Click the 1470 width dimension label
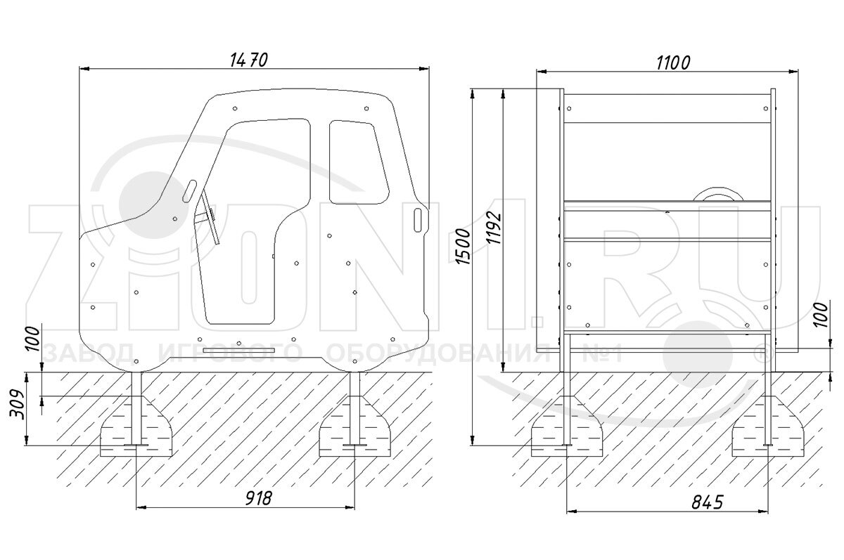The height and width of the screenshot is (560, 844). pyautogui.click(x=249, y=60)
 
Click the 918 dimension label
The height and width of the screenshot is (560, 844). pyautogui.click(x=259, y=498)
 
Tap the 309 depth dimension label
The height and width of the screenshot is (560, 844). pyautogui.click(x=18, y=404)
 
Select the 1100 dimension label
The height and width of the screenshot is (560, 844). pyautogui.click(x=673, y=63)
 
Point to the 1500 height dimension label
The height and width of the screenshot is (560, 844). pyautogui.click(x=463, y=246)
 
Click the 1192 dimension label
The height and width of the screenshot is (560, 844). pyautogui.click(x=493, y=228)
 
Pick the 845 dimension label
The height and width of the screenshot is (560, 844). pyautogui.click(x=708, y=502)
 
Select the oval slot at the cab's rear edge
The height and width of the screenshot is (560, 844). pyautogui.click(x=418, y=220)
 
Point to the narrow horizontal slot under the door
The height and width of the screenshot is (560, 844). pyautogui.click(x=239, y=351)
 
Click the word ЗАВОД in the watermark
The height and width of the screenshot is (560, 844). pyautogui.click(x=89, y=353)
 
